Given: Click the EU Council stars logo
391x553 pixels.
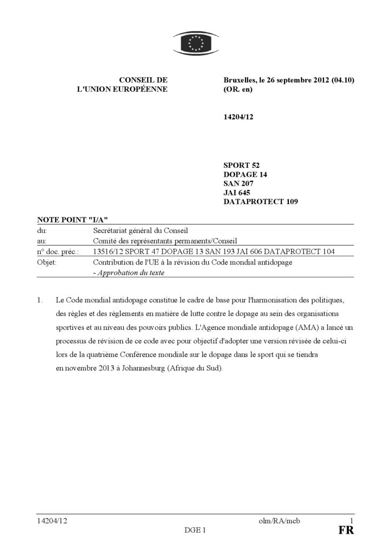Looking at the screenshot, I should pos(196,44).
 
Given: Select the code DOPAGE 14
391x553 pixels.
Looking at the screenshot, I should pos(245,174).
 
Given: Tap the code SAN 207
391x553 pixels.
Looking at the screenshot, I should pos(238,184).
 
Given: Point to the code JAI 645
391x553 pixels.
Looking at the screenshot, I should pos(237,193).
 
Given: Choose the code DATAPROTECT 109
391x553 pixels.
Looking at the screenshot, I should pos(260,202).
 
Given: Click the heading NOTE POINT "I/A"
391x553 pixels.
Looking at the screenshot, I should pos(72,220).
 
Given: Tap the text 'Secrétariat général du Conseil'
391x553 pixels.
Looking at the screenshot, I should pos(140,231).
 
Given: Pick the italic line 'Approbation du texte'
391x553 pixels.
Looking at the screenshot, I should pos(130,273).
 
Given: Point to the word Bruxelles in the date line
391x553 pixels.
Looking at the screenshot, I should pos(240,80).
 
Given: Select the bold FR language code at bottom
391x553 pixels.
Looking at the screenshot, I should pos(346,530).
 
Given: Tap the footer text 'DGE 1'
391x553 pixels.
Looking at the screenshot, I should pos(195,530).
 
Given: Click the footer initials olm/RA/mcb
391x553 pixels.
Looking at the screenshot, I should pos(279,521).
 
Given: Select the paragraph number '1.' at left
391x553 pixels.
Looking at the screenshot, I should pos(41,300).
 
